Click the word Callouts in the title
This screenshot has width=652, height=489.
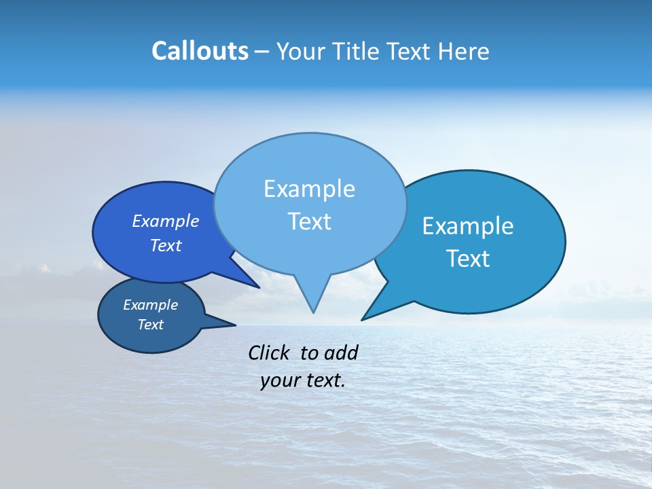pyautogui.click(x=200, y=51)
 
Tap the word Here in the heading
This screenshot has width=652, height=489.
pyautogui.click(x=464, y=52)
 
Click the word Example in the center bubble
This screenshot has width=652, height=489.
pyautogui.click(x=309, y=189)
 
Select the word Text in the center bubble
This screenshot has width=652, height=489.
pyautogui.click(x=309, y=221)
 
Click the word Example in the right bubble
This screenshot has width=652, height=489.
pyautogui.click(x=468, y=226)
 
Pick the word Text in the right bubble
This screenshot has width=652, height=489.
pyautogui.click(x=468, y=259)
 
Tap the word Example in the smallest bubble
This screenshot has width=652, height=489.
pyautogui.click(x=150, y=305)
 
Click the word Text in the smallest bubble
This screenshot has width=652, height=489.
pyautogui.click(x=150, y=325)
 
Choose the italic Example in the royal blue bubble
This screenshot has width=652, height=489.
pyautogui.click(x=165, y=221)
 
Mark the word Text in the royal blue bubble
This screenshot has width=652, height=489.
pyautogui.click(x=165, y=245)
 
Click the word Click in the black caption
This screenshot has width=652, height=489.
pyautogui.click(x=270, y=352)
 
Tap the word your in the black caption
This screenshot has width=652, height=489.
pyautogui.click(x=279, y=380)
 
